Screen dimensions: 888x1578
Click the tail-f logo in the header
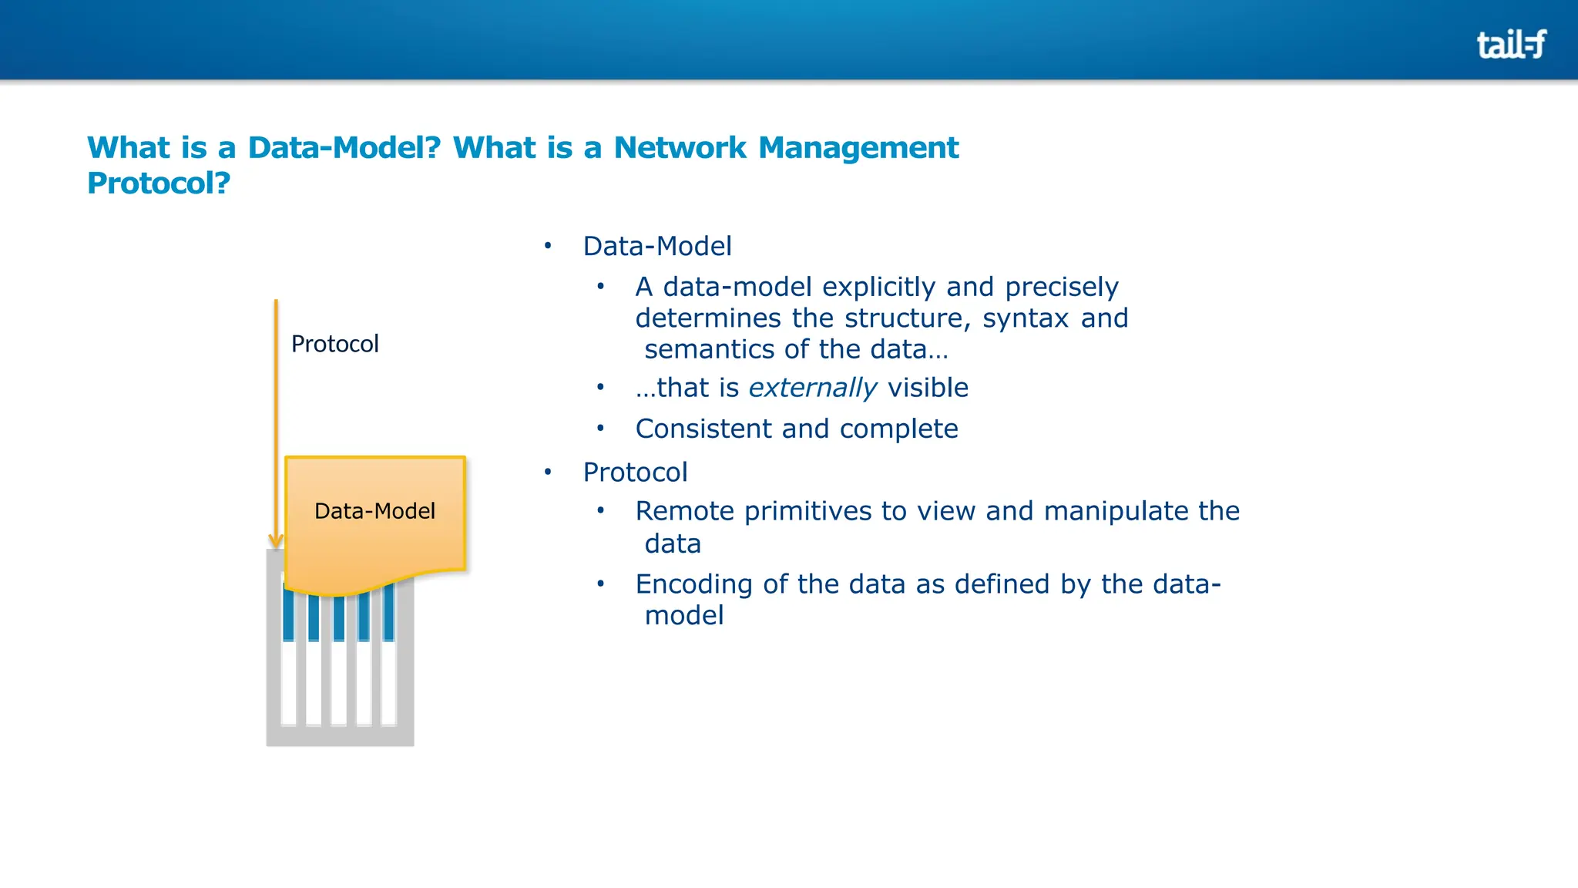pyautogui.click(x=1510, y=44)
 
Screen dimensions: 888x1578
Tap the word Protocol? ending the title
pyautogui.click(x=159, y=183)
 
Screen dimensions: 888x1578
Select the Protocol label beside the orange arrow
pyautogui.click(x=334, y=344)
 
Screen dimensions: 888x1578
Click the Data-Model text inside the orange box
pyautogui.click(x=374, y=511)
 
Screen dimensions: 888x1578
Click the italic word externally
pyautogui.click(x=813, y=388)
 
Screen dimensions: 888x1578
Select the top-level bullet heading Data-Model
pyautogui.click(x=657, y=247)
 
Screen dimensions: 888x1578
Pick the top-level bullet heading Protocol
pyautogui.click(x=635, y=473)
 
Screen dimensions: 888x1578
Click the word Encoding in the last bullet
pyautogui.click(x=693, y=584)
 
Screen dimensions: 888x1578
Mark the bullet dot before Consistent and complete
pyautogui.click(x=600, y=428)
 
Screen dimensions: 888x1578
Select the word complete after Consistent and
pyautogui.click(x=898, y=429)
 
